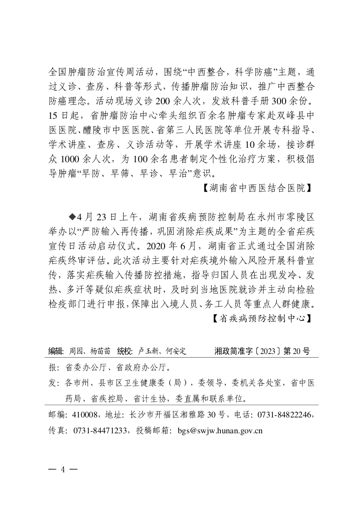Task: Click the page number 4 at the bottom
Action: point(63,469)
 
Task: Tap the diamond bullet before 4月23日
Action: point(71,213)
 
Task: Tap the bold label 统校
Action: point(124,351)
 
